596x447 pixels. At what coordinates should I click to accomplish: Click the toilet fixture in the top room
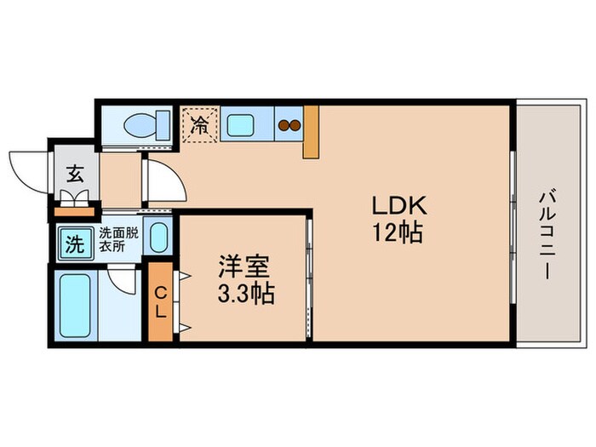(x=147, y=124)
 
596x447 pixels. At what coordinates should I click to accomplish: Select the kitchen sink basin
(x=240, y=125)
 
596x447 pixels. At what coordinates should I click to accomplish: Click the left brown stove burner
(x=284, y=125)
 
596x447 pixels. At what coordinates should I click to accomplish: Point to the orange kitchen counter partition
(x=311, y=131)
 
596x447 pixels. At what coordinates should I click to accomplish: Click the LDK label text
(x=399, y=206)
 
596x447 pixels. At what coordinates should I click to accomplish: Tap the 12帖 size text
(x=398, y=232)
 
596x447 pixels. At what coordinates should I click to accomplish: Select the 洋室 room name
(x=244, y=266)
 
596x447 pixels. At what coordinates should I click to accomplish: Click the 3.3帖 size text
(x=246, y=293)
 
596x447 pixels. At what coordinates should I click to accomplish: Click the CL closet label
(x=161, y=302)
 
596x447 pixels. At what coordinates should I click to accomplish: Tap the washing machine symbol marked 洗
(x=75, y=244)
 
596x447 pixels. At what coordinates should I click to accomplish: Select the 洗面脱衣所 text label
(x=118, y=239)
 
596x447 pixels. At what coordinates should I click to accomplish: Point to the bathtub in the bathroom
(x=75, y=306)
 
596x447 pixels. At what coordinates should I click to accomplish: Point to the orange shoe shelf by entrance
(x=74, y=212)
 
